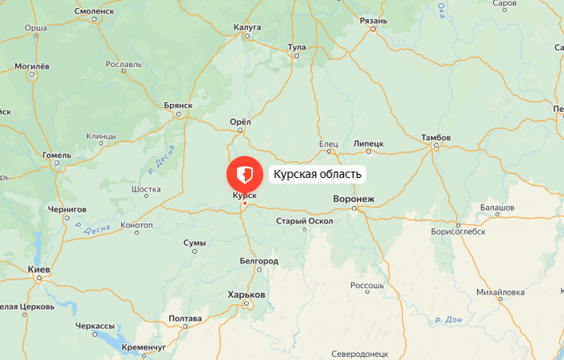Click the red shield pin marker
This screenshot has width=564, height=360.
[x=244, y=174]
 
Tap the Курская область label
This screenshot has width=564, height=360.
[x=317, y=174]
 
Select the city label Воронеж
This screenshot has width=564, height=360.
[x=354, y=198]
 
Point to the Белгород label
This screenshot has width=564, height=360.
[x=259, y=261]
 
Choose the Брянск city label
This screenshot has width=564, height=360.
[x=177, y=106]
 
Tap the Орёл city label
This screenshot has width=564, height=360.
[x=241, y=122]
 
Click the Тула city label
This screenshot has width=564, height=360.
[x=297, y=48]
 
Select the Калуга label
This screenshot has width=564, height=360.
[x=247, y=27]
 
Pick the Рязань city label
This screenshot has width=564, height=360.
[x=374, y=20]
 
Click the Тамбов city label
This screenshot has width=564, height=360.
[x=436, y=138]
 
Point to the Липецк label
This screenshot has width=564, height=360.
[x=368, y=143]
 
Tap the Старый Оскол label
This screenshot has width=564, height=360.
[x=304, y=221]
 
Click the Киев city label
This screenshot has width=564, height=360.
[x=39, y=269]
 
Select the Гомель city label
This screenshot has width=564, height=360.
[x=57, y=155]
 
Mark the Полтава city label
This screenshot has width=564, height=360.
[x=185, y=319]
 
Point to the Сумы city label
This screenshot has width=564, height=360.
[x=194, y=242]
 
